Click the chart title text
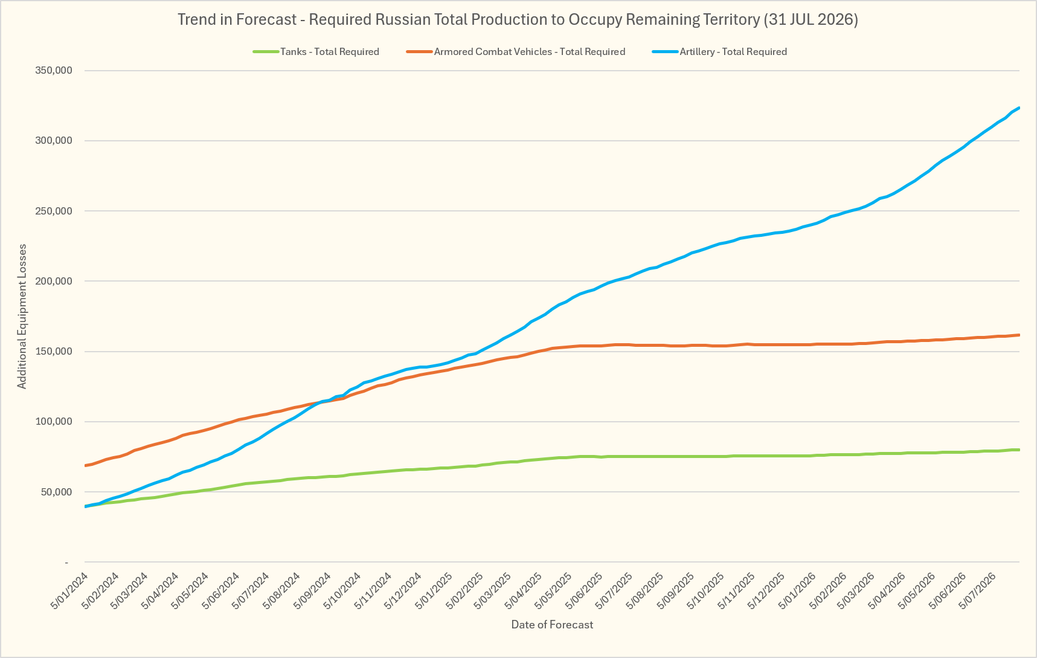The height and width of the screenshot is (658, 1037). (x=518, y=19)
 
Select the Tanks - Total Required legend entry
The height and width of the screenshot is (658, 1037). (x=316, y=52)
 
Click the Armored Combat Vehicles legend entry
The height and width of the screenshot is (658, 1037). (x=516, y=52)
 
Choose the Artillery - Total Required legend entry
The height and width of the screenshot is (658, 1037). (x=719, y=52)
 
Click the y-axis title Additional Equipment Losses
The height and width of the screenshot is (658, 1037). (x=22, y=317)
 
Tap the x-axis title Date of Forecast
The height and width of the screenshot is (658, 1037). (x=552, y=625)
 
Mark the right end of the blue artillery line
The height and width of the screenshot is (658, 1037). (x=1019, y=108)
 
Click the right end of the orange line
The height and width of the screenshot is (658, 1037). (x=1019, y=335)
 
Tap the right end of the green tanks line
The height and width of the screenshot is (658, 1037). (x=1019, y=450)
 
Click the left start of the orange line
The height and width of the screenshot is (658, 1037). (x=85, y=465)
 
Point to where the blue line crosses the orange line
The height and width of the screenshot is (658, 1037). (x=324, y=401)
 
